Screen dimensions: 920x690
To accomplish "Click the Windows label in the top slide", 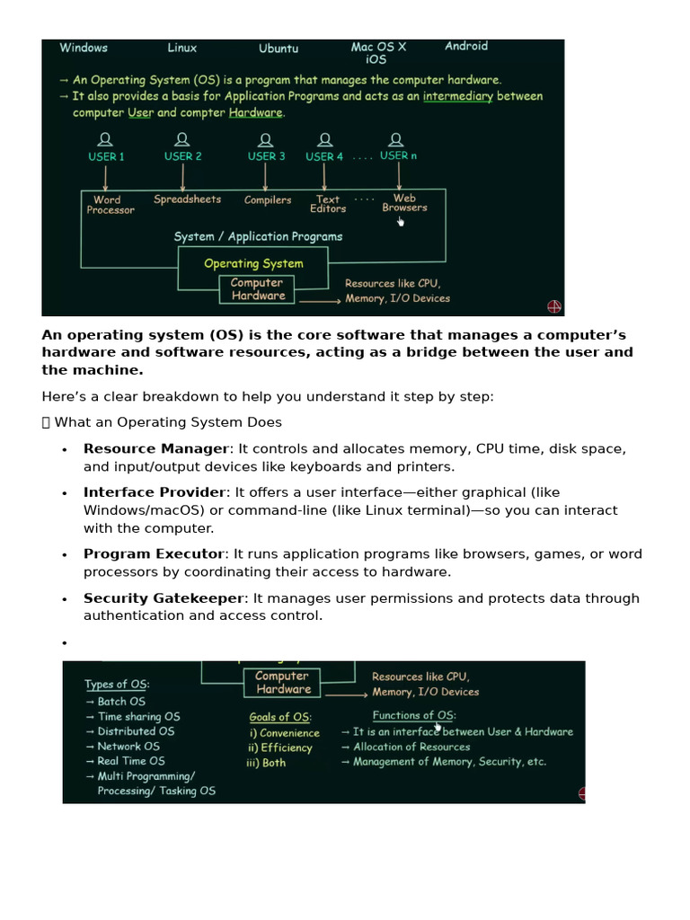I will coord(84,48).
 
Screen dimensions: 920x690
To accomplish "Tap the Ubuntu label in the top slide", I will coord(279,49).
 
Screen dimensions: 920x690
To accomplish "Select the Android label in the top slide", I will coord(466,46).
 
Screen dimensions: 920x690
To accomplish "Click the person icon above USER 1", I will coord(106,139).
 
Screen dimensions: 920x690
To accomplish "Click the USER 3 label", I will coord(267,156).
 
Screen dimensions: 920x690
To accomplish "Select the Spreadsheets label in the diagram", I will coord(187,199).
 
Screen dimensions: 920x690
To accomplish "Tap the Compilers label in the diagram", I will coord(268,200).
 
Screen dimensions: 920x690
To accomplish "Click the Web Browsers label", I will coord(404,203).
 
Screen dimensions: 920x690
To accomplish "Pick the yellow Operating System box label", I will coord(253,263).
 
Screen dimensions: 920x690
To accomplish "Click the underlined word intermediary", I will coord(458,96).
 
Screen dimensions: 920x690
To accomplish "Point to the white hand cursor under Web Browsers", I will coord(401,221).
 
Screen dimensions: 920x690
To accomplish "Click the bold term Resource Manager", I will coord(155,449).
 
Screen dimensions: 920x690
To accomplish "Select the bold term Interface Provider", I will coord(154,492).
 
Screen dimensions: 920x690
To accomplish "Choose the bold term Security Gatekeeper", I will coord(164,598).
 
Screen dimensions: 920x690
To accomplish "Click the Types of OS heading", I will coord(117,685).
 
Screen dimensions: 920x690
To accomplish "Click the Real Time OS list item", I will coord(131,761).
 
